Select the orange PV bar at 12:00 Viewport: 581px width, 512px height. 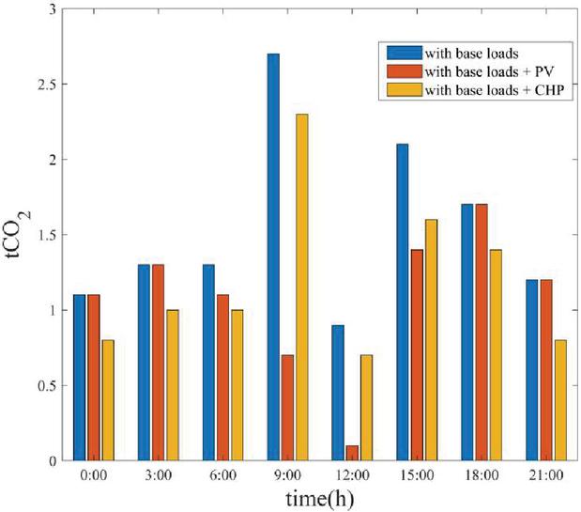pyautogui.click(x=351, y=453)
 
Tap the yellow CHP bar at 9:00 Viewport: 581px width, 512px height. pyautogui.click(x=301, y=287)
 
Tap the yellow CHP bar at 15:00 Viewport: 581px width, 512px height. pyautogui.click(x=431, y=340)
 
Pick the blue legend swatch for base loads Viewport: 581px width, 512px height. pyautogui.click(x=401, y=51)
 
